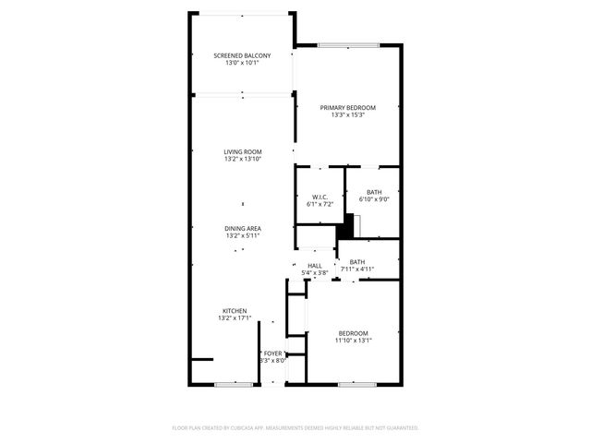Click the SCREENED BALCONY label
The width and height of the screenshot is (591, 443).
click(242, 56)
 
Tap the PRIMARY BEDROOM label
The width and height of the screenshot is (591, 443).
click(348, 107)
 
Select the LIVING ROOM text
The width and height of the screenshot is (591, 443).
click(243, 151)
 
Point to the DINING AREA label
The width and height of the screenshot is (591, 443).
click(243, 228)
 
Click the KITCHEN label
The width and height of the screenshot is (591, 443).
click(235, 310)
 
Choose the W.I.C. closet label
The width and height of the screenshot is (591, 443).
click(320, 196)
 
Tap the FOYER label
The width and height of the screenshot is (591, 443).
click(273, 353)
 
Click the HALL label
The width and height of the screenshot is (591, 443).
click(315, 266)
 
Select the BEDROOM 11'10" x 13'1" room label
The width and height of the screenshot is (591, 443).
click(353, 332)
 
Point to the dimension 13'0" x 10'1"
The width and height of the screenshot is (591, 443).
click(242, 64)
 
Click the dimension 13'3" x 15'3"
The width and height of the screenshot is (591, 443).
click(348, 114)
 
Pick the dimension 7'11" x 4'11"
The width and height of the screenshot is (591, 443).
click(356, 269)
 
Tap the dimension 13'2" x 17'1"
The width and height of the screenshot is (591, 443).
click(235, 317)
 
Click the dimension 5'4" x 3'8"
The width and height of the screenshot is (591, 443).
click(315, 273)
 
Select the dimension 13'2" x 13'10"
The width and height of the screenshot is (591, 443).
click(243, 159)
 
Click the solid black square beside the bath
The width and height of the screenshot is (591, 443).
click(348, 222)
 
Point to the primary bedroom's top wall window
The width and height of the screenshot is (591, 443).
click(348, 46)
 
